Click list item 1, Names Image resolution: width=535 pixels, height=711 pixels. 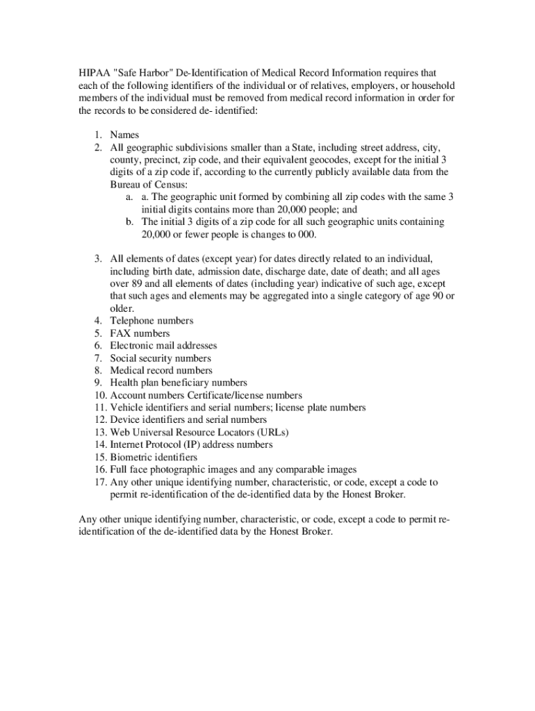tap(125, 135)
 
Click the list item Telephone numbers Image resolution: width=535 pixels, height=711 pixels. tap(151, 321)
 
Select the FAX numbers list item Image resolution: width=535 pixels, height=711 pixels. tap(140, 333)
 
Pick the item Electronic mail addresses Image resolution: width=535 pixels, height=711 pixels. tap(163, 346)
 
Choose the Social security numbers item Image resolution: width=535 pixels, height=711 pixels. tap(160, 358)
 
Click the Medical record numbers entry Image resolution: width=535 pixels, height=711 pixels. tap(161, 371)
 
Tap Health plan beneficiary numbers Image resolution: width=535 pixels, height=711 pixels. tap(179, 383)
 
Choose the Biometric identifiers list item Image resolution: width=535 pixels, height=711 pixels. tap(154, 458)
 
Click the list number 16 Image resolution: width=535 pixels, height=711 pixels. tap(100, 470)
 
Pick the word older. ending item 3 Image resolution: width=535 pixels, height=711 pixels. tap(122, 308)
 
